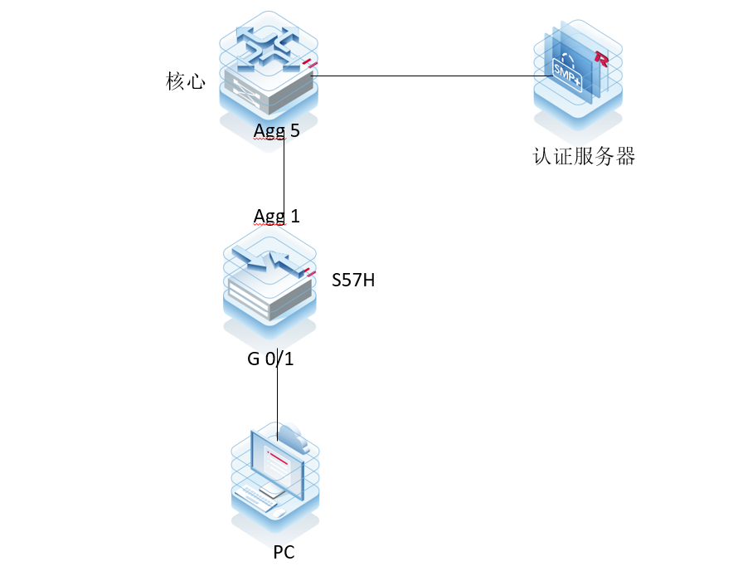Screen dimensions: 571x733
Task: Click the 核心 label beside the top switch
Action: tap(185, 82)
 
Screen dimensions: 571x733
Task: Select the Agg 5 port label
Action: tap(277, 130)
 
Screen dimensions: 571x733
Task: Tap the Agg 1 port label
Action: tap(277, 216)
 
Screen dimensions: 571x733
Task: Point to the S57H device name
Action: tap(353, 281)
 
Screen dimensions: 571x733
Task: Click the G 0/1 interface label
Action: tap(269, 360)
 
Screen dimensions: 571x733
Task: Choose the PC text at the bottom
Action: tap(284, 552)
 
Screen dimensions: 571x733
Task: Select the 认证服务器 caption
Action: tap(584, 156)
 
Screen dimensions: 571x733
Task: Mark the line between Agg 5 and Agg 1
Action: tap(284, 174)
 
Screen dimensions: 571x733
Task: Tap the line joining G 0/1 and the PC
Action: tap(278, 398)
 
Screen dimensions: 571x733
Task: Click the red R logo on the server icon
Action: tap(602, 59)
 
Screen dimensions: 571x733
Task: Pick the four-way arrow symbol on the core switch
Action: tap(267, 46)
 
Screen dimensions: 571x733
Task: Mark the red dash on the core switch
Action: tap(310, 64)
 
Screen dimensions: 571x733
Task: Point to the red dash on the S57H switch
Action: tap(310, 272)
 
